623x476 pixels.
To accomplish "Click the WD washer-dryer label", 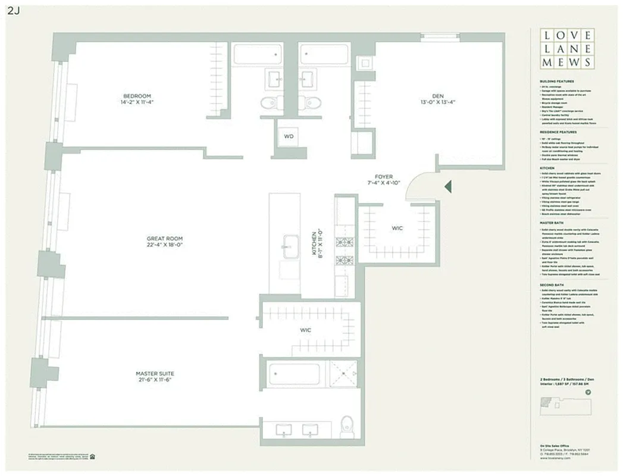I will click(x=289, y=136).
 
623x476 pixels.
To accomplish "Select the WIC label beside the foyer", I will click(x=397, y=228).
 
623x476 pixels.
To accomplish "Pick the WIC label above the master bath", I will click(x=305, y=330).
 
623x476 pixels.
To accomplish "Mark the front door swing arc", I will click(x=424, y=181).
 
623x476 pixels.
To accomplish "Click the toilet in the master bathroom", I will click(x=346, y=426).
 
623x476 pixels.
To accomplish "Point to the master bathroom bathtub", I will click(x=294, y=374).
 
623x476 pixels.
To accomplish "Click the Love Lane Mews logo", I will click(x=566, y=49).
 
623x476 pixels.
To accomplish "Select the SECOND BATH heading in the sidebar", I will click(x=552, y=285).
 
